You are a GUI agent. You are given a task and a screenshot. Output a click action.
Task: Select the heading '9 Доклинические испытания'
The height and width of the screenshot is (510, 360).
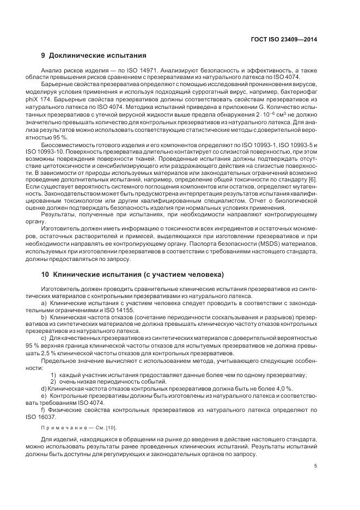pos(94,56)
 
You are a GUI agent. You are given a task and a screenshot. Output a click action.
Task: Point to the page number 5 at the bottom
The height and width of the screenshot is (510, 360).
pos(315,465)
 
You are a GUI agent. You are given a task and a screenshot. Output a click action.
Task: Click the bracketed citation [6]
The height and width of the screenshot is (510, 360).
pos(311,179)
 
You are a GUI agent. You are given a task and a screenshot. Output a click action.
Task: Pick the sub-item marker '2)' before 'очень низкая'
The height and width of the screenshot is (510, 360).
pos(53,381)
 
